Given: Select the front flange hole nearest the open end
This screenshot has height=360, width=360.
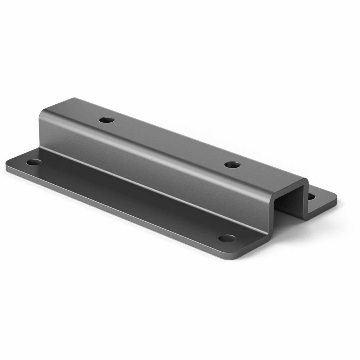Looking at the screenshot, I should click(227, 238).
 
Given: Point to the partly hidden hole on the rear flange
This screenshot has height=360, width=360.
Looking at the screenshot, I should click(312, 197).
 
